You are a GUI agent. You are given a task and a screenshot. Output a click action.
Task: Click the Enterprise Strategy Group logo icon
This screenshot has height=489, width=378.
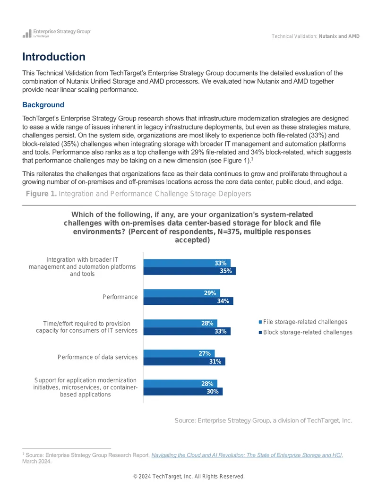point(27,34)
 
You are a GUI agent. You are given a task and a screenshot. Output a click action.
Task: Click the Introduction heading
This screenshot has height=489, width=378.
point(54,57)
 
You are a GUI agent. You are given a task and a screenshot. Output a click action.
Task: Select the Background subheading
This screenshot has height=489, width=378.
point(43,105)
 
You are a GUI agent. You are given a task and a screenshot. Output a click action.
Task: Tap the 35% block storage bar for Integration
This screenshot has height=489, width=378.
point(189,271)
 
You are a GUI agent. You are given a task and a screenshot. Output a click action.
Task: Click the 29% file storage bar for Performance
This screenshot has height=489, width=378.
point(181,293)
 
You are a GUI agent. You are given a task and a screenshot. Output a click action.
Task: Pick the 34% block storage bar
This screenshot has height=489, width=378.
point(189,301)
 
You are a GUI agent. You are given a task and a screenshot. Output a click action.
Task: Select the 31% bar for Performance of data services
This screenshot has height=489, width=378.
point(184,361)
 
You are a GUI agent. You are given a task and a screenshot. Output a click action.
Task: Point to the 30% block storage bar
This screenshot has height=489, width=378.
point(183,391)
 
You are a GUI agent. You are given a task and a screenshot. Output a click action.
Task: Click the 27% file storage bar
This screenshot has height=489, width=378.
point(179,354)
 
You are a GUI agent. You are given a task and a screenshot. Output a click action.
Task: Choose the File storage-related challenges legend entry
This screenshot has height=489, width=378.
point(303,322)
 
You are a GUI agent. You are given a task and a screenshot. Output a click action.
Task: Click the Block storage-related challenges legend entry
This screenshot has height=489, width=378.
point(305,332)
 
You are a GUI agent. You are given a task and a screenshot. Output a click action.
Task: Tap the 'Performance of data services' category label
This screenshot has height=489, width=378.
point(97,357)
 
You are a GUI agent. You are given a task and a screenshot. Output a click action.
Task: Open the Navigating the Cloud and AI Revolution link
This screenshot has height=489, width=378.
point(247,455)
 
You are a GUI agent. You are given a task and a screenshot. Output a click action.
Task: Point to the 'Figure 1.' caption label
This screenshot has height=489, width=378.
point(41,194)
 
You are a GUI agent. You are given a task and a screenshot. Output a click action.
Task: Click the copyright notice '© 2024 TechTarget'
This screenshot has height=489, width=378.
point(189,476)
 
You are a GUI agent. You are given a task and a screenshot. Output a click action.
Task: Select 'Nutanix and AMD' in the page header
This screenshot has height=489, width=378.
point(339,36)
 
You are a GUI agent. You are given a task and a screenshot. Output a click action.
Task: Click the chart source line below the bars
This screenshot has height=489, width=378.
point(263,420)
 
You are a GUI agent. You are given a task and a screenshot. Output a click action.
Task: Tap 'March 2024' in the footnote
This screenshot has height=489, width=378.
point(36,461)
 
